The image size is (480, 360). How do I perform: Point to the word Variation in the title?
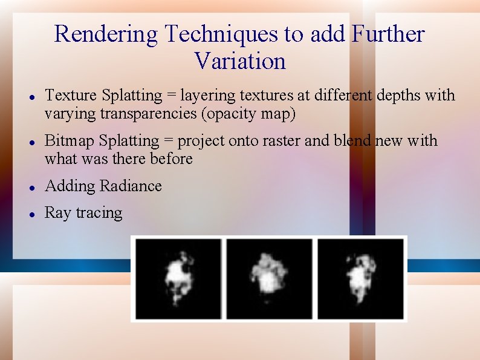tap(240, 61)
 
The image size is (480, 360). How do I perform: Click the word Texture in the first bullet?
tap(71, 96)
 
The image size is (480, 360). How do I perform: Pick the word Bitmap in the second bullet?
tap(70, 141)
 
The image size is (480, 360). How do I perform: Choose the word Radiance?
tap(134, 186)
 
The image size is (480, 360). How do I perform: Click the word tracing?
tap(100, 213)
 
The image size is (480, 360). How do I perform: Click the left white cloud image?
tap(178, 278)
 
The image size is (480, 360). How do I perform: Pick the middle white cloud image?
tap(269, 278)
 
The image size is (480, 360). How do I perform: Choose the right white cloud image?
tap(360, 278)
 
